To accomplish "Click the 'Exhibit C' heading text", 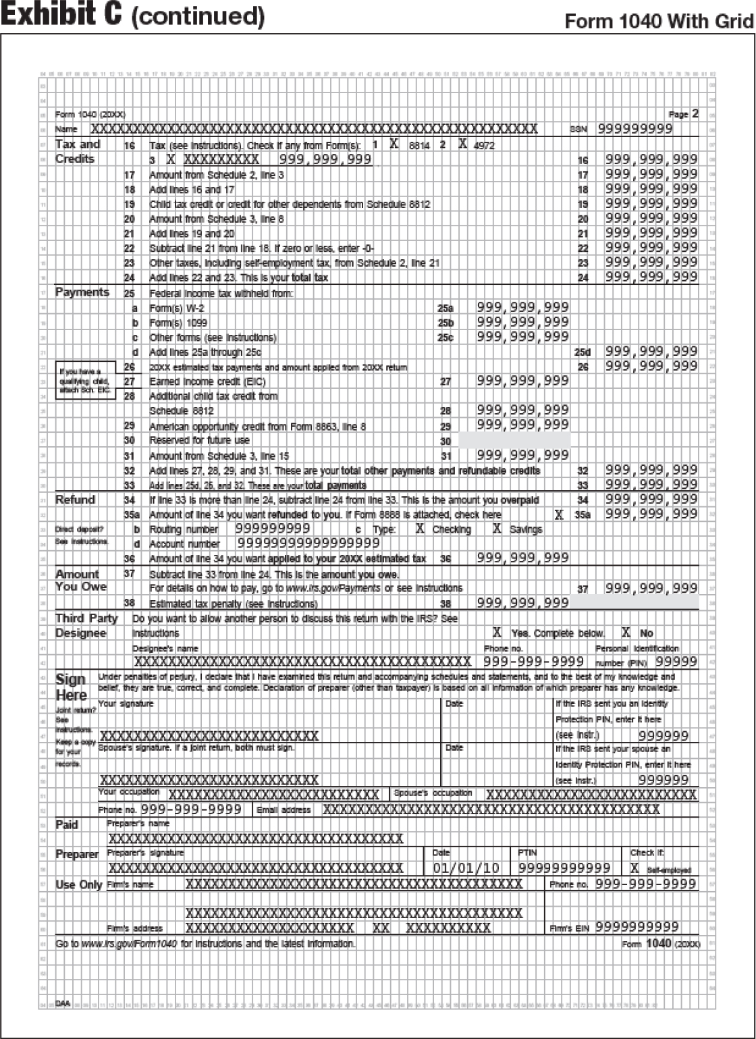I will pos(61,15).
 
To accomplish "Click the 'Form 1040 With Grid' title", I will pos(658,22).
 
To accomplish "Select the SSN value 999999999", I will pos(634,128).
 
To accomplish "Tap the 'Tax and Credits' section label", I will pos(77,151).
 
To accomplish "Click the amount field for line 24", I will pos(651,277).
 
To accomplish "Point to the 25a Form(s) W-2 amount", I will pos(522,307).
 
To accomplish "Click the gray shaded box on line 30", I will pos(514,440).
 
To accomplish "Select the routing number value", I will pos(273,529).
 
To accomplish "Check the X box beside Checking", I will pos(420,529).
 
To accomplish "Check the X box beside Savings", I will pos(497,529).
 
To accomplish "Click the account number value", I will pos(308,543).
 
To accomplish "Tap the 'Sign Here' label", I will pos(71,687).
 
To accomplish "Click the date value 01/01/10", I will pos(466,868).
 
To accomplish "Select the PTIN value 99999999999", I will pos(564,868).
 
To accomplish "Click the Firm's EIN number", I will pos(637,927).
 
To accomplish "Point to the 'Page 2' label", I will pos(683,114).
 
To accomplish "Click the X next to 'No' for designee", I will pos(626,633).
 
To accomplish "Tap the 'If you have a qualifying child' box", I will pos(84,381).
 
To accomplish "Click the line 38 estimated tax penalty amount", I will pos(522,603).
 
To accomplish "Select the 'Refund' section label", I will pos(75,500).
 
